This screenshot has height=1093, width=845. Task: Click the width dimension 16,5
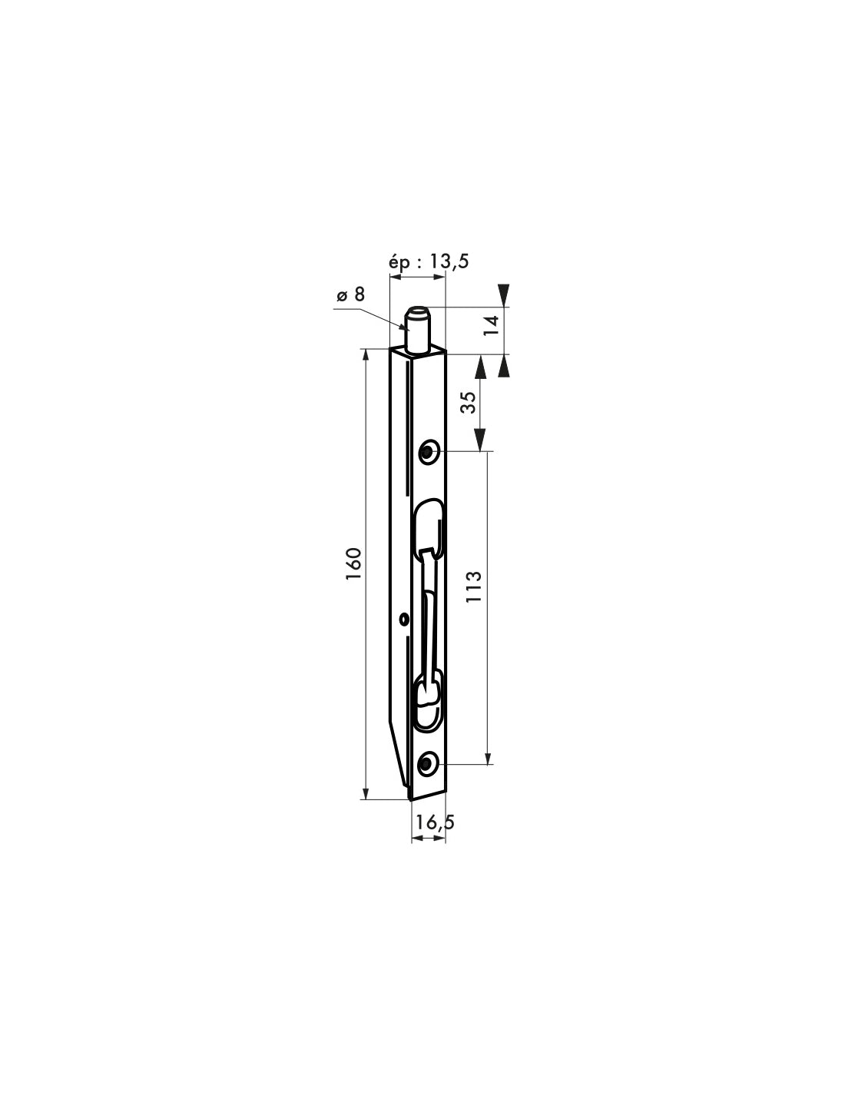(434, 822)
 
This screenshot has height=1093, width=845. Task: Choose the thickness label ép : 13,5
(429, 261)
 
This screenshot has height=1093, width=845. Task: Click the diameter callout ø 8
(350, 294)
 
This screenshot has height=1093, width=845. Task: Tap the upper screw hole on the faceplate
(428, 452)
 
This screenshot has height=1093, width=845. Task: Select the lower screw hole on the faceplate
(427, 764)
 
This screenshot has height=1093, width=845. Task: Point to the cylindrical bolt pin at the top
(419, 331)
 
